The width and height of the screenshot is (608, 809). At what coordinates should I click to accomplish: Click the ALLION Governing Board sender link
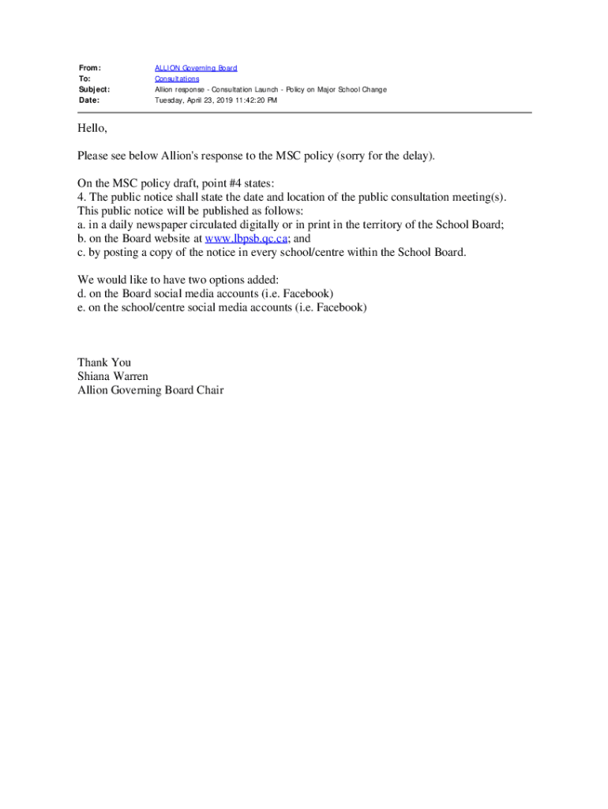(x=195, y=69)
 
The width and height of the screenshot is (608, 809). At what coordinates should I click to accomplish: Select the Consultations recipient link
(x=177, y=79)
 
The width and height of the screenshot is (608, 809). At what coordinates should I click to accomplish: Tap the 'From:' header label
(x=90, y=69)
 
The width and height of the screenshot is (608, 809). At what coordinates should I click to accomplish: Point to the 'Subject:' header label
(x=94, y=90)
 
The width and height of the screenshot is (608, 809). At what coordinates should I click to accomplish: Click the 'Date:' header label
(x=89, y=100)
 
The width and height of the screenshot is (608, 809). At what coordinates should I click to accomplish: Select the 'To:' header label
(x=84, y=79)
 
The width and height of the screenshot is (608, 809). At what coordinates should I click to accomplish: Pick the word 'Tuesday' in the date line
(x=170, y=100)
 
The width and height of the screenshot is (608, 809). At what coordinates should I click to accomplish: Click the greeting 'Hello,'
(x=92, y=128)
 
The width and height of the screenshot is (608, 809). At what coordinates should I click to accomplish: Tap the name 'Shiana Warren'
(x=112, y=376)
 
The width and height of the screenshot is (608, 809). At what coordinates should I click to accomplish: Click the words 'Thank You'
(x=104, y=363)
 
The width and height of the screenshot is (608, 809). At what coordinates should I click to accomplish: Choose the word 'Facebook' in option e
(x=340, y=307)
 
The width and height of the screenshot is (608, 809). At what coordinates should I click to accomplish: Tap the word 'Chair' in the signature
(x=209, y=390)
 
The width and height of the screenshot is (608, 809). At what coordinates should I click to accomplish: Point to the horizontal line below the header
(x=304, y=112)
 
